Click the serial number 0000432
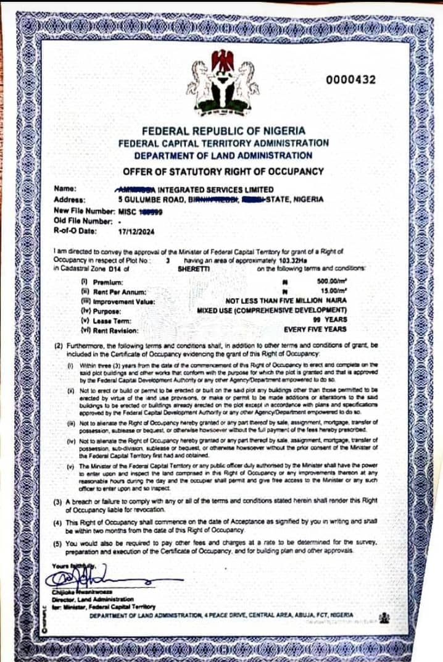tap(350, 80)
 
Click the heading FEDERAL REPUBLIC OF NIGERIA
tap(223, 131)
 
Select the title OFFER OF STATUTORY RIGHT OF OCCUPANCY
tap(223, 171)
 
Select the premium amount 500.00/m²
tap(329, 282)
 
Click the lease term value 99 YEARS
tap(336, 319)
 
